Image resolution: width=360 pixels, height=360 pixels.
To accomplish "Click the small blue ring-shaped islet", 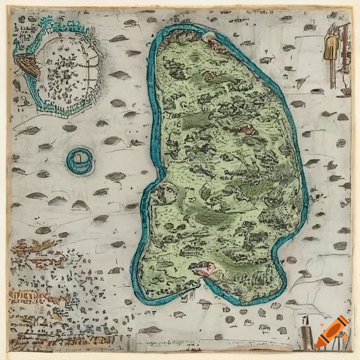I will pos(80,161).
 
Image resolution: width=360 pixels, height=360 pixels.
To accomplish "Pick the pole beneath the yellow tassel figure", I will pos(332,74).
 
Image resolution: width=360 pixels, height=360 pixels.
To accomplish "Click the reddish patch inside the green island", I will pos(246,130).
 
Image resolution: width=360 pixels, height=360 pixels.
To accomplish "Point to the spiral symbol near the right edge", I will pos(341,143).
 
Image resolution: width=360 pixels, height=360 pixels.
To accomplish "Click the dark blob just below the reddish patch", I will pos(251,141).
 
